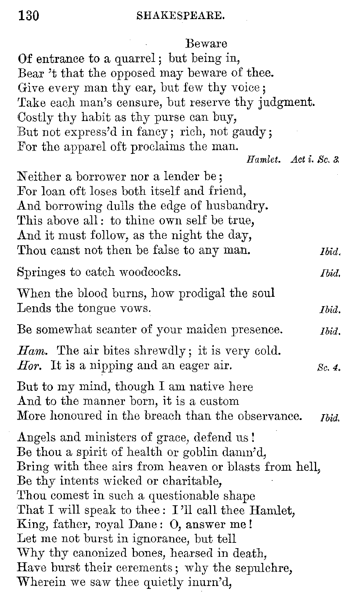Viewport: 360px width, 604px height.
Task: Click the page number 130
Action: [x=28, y=15]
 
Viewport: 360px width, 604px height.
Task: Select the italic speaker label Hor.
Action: [x=30, y=366]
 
